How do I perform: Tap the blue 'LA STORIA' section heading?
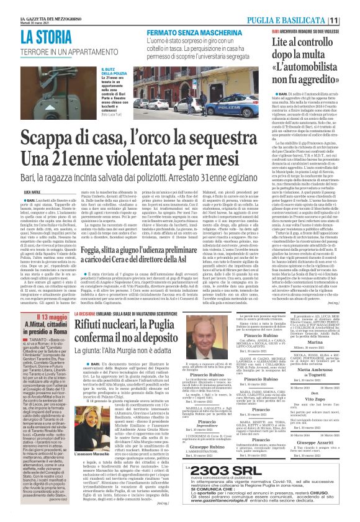(x=56, y=36)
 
